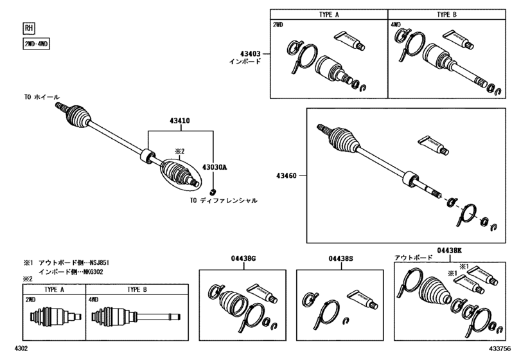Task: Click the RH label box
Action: coord(29,28)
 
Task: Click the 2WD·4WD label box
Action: coord(37,44)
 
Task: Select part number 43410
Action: coord(181,121)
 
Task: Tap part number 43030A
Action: coord(215,167)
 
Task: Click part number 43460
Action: coord(287,174)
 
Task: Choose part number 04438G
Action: coord(243,258)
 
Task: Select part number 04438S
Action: coord(340,258)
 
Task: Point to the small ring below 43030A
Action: coord(215,191)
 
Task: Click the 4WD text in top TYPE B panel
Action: coord(396,25)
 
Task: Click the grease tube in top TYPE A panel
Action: coord(351,40)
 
